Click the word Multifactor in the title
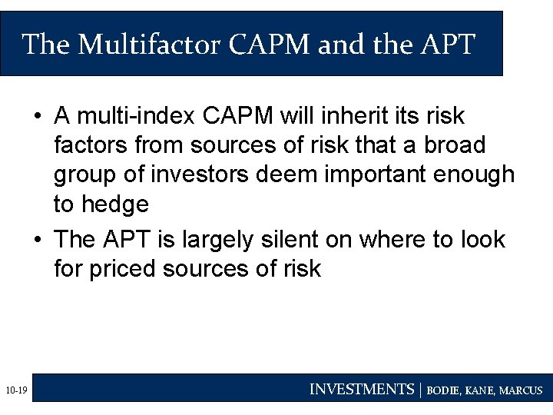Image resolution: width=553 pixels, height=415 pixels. click(x=150, y=45)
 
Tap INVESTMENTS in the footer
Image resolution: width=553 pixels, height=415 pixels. click(x=361, y=390)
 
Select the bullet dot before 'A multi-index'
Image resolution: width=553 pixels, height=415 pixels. click(x=37, y=117)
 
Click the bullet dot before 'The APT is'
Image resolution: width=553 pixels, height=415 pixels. click(x=37, y=241)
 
